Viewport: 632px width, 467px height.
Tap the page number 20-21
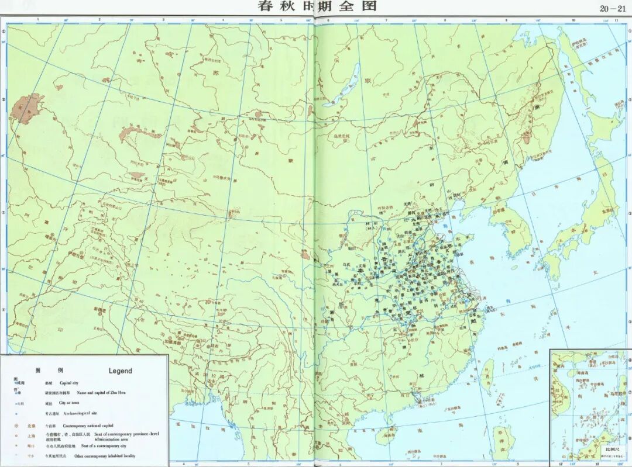tap(612, 8)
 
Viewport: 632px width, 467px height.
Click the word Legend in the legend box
tap(121, 371)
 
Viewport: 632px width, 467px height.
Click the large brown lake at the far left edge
tap(26, 109)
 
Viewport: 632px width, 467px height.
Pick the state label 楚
tap(408, 313)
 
